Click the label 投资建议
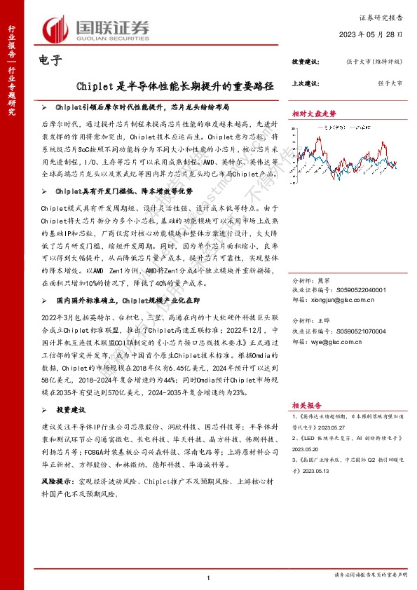tap(306, 62)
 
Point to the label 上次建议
tap(306, 83)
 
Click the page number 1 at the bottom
tap(208, 577)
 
